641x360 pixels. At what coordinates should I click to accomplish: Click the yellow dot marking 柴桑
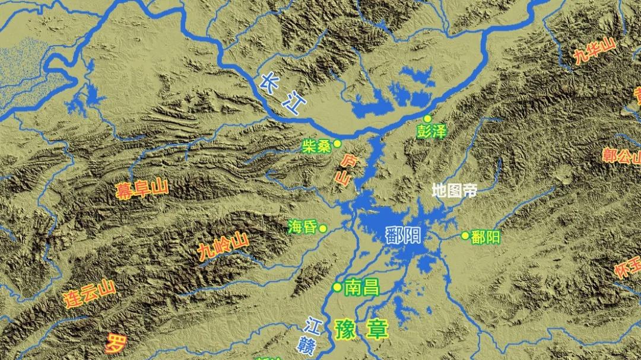pyautogui.click(x=337, y=144)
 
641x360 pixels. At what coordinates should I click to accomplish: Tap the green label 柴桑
pyautogui.click(x=316, y=146)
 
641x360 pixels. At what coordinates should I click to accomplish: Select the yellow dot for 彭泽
pyautogui.click(x=427, y=119)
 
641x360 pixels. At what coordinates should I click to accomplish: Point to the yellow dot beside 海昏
pyautogui.click(x=323, y=228)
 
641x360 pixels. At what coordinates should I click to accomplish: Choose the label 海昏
pyautogui.click(x=302, y=227)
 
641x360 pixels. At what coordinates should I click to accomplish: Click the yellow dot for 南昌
pyautogui.click(x=337, y=288)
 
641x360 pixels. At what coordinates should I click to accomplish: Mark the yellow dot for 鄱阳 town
pyautogui.click(x=465, y=235)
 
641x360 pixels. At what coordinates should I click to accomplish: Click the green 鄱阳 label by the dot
pyautogui.click(x=485, y=237)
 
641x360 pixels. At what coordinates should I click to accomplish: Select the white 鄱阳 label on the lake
pyautogui.click(x=403, y=235)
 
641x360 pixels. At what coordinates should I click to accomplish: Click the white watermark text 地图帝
pyautogui.click(x=454, y=190)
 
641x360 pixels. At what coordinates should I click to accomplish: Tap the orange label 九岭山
pyautogui.click(x=223, y=247)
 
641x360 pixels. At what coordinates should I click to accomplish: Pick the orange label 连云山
pyautogui.click(x=89, y=292)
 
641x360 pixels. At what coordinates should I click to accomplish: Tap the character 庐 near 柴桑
pyautogui.click(x=350, y=160)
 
